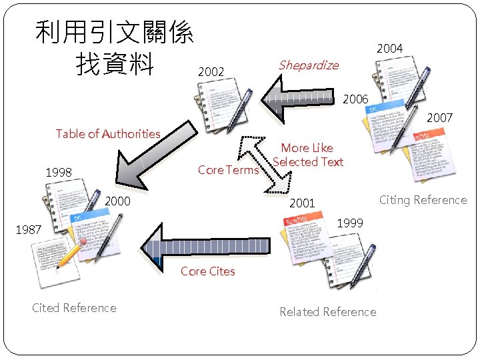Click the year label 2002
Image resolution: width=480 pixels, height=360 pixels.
pos(211,71)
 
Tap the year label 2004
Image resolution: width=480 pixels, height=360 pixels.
pos(389,49)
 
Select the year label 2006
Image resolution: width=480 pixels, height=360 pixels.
pos(355,99)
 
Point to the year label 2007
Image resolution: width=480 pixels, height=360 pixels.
pos(439,118)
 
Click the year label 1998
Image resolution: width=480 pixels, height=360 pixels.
pos(59,173)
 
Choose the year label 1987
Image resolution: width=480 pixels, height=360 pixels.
pos(29,229)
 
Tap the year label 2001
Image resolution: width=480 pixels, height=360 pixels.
pos(301,203)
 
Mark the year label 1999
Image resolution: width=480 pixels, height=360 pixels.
pos(351,223)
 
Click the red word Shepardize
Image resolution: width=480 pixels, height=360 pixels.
pos(309,65)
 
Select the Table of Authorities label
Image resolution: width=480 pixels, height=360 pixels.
pos(108,134)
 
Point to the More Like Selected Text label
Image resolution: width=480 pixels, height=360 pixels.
pos(307,155)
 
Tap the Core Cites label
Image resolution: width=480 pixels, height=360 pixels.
pos(207,271)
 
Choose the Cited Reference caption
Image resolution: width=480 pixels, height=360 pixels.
pos(74,308)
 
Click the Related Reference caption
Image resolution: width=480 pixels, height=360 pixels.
pos(327,312)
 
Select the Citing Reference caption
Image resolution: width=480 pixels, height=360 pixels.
pos(423,200)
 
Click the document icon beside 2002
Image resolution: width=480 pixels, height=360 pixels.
pos(226,107)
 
